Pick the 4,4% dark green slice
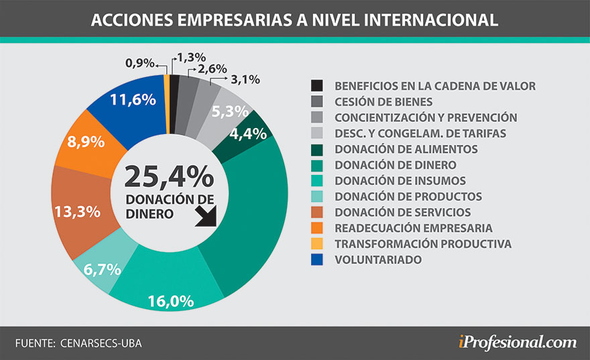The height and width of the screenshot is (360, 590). pos(249,133)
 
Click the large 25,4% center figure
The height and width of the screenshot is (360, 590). pos(169,177)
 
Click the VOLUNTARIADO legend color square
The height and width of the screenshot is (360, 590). pos(316,259)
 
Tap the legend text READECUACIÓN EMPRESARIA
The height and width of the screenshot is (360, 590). pos(413,228)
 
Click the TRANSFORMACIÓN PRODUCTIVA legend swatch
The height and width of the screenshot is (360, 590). pos(316,243)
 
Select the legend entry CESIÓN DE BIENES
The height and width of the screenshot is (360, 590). pos(383,102)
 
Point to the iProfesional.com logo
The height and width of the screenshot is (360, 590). pos(516,342)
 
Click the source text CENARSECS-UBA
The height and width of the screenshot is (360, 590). pos(101,343)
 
